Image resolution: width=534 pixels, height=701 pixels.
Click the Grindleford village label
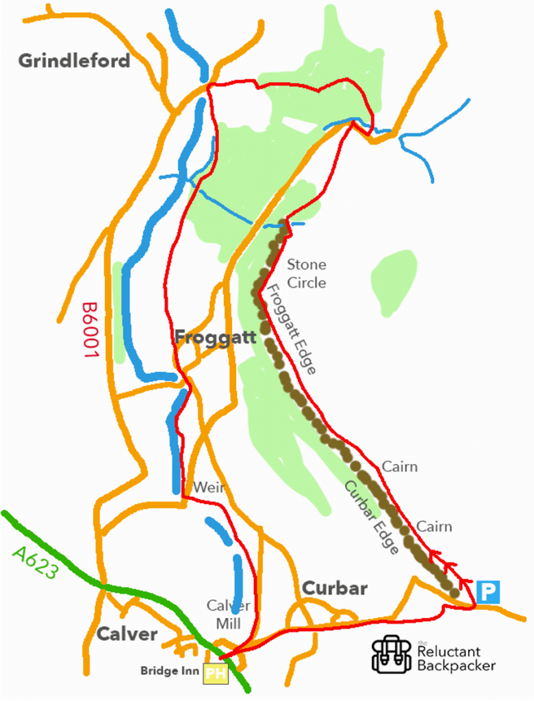(74, 61)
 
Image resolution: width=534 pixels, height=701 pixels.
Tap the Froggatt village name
(215, 337)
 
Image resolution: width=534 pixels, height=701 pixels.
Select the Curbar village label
(335, 588)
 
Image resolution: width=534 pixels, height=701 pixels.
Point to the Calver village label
(127, 634)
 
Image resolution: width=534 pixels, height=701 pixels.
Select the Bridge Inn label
(169, 671)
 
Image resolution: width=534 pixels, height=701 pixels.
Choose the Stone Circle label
(306, 273)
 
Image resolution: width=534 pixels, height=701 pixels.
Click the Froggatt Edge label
(290, 330)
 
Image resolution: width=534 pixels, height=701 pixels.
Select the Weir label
(209, 487)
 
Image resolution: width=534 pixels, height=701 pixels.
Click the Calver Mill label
(229, 613)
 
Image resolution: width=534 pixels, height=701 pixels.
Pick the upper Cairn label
(400, 467)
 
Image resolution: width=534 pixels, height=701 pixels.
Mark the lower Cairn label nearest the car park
(434, 526)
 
